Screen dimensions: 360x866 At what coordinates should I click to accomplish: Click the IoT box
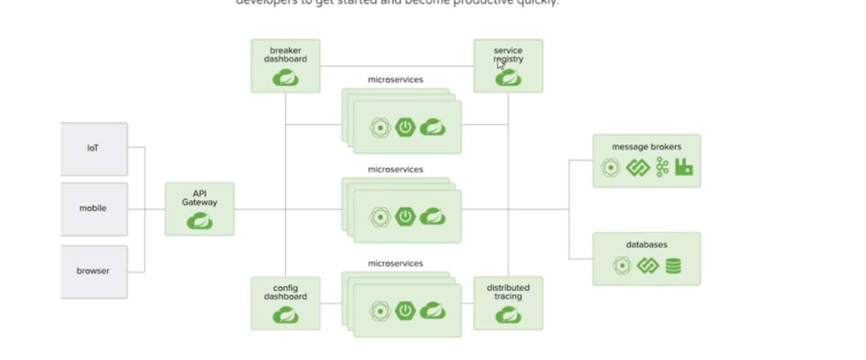[x=93, y=148]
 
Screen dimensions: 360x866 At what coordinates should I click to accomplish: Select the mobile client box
[x=93, y=208]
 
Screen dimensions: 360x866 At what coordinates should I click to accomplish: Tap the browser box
[x=93, y=271]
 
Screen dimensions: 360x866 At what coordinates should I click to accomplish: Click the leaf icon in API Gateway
[x=200, y=221]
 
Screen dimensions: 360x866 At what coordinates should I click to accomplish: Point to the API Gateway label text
[x=200, y=198]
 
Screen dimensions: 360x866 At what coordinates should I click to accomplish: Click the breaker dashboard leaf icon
[x=286, y=78]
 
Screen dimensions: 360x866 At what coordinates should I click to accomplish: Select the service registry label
[x=508, y=55]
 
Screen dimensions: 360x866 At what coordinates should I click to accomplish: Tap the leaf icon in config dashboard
[x=286, y=315]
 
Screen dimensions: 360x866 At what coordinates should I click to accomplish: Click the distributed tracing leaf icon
[x=508, y=315]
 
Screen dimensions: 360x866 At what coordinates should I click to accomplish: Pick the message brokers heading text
[x=646, y=147]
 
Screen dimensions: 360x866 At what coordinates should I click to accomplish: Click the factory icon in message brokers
[x=684, y=167]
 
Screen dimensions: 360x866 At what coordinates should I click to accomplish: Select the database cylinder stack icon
[x=673, y=266]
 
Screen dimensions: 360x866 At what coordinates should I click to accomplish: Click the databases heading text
[x=646, y=245]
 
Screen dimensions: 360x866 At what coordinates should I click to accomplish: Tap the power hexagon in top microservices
[x=405, y=128]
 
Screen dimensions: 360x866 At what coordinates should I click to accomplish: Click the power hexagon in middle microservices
[x=405, y=216]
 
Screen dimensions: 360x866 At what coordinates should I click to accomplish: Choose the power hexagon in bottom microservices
[x=405, y=311]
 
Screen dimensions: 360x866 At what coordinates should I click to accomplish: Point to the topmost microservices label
[x=395, y=80]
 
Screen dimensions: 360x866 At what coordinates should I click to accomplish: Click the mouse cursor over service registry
[x=501, y=64]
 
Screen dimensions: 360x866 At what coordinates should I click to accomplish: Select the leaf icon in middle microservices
[x=432, y=216]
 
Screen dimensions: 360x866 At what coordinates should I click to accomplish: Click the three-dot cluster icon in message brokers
[x=662, y=167]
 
